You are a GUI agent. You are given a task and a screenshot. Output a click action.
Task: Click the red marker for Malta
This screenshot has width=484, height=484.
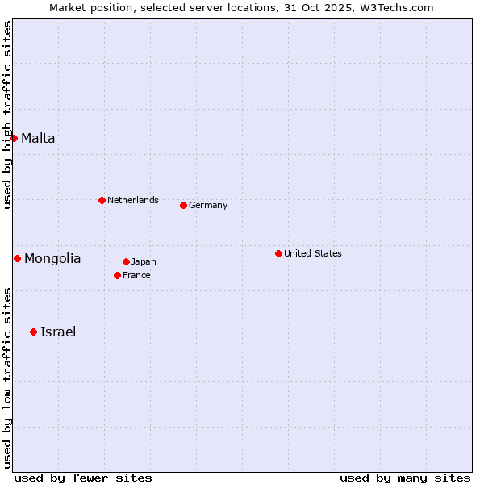[x=14, y=138]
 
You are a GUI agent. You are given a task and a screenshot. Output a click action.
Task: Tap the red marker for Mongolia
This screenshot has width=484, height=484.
[x=17, y=258]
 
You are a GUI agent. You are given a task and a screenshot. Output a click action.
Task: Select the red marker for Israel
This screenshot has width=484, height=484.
[x=33, y=332]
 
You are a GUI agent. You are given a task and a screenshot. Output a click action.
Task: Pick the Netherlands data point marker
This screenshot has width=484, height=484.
[x=102, y=200]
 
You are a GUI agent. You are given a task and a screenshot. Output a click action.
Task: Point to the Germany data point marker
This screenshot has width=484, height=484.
[x=183, y=205]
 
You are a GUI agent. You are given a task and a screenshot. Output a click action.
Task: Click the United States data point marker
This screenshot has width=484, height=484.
[x=278, y=253]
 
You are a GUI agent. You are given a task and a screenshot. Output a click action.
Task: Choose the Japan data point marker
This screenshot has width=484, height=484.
[x=126, y=261]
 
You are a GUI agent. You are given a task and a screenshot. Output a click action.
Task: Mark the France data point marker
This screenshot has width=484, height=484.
[x=117, y=275]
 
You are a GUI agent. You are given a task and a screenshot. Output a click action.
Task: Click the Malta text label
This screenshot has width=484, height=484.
[x=38, y=138]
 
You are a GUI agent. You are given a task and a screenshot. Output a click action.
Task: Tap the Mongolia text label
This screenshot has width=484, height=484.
[x=52, y=258]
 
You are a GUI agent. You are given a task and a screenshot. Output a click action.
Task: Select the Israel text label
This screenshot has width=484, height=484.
[x=58, y=332]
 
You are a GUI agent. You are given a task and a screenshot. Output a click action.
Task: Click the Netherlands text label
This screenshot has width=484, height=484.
[x=133, y=200]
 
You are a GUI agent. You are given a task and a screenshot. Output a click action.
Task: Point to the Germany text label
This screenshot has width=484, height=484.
[x=208, y=205]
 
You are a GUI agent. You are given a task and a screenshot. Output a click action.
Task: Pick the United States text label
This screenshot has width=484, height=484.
[x=313, y=253]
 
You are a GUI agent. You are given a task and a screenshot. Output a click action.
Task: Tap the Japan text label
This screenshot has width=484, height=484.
[x=144, y=261]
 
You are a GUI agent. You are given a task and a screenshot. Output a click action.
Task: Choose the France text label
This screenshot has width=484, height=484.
[x=136, y=275]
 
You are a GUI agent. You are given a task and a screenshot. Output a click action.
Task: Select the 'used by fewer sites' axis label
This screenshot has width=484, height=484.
[x=83, y=478]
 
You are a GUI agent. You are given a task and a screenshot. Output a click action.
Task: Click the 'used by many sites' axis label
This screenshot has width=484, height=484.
[x=405, y=478]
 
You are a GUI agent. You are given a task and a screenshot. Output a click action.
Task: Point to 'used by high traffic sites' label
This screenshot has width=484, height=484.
[x=7, y=115]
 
